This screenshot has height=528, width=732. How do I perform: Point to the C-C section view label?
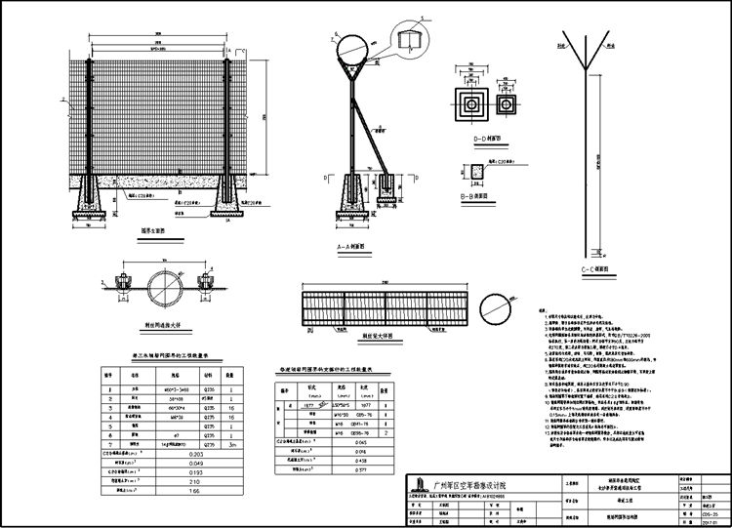tap(593, 267)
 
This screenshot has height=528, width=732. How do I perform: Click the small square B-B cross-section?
tap(475, 173)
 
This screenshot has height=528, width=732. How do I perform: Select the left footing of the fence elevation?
tap(90, 198)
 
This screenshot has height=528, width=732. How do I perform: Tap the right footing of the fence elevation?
tap(233, 198)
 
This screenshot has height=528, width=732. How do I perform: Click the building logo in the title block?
tap(418, 484)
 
